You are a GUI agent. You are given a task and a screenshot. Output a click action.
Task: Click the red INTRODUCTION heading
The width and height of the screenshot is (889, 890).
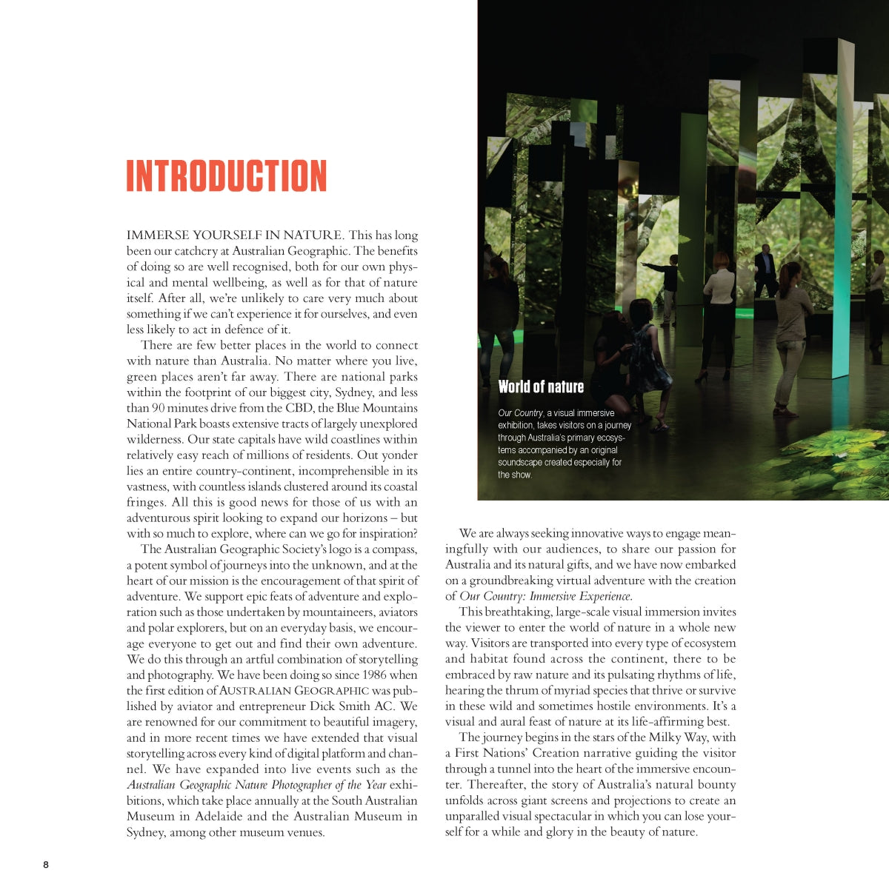click(226, 176)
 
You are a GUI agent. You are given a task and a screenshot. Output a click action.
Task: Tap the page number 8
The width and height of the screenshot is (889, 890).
click(46, 865)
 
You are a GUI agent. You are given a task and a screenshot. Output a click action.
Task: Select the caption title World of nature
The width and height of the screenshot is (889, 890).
click(541, 387)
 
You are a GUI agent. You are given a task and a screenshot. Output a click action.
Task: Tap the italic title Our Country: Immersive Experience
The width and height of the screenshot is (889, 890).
click(545, 596)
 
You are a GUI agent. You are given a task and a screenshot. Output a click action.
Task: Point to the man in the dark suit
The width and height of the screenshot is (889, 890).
click(765, 270)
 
